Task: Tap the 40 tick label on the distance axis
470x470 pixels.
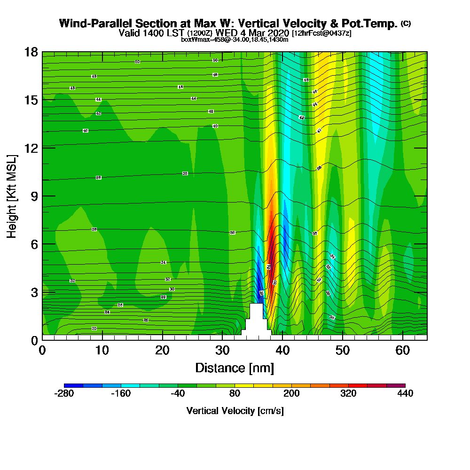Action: pos(282,351)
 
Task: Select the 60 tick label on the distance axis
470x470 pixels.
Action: pos(403,351)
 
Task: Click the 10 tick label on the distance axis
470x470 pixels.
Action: pos(102,351)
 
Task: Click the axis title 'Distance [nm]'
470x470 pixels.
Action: pos(235,368)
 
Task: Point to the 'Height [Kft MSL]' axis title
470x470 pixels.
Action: pos(12,196)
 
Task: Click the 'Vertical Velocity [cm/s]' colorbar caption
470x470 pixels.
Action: pos(235,411)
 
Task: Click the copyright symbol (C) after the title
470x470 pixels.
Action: pos(406,23)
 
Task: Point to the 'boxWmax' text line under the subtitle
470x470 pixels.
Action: pos(235,39)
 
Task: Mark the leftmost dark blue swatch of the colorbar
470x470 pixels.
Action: pos(73,385)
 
